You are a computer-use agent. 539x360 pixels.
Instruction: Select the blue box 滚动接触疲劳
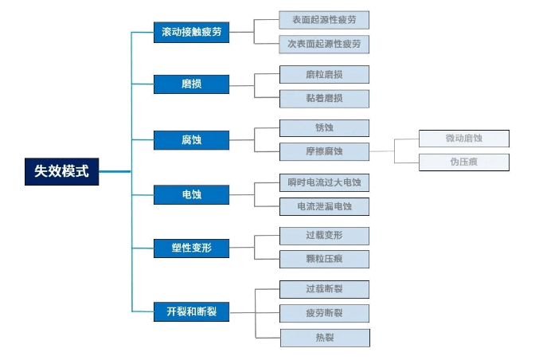pyautogui.click(x=191, y=33)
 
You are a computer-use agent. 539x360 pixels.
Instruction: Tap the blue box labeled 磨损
pyautogui.click(x=191, y=84)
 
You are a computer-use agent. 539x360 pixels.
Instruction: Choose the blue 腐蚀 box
pyautogui.click(x=191, y=140)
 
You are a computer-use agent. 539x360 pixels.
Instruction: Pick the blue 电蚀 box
pyautogui.click(x=191, y=194)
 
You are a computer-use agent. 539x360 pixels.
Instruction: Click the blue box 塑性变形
pyautogui.click(x=191, y=248)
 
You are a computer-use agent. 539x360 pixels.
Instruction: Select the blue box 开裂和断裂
pyautogui.click(x=191, y=311)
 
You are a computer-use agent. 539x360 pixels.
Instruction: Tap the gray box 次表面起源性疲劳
pyautogui.click(x=324, y=44)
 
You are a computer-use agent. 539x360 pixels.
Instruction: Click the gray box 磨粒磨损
pyautogui.click(x=324, y=75)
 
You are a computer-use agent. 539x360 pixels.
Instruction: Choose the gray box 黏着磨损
pyautogui.click(x=324, y=99)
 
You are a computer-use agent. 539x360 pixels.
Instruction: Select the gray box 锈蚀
pyautogui.click(x=324, y=128)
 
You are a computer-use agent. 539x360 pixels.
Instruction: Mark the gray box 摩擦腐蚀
pyautogui.click(x=324, y=151)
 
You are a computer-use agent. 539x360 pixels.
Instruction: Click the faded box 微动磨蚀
pyautogui.click(x=464, y=139)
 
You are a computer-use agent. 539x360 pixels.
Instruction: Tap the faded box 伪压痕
pyautogui.click(x=464, y=162)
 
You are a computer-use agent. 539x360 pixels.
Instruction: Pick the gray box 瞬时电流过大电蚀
pyautogui.click(x=324, y=182)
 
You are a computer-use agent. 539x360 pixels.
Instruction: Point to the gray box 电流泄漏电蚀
pyautogui.click(x=324, y=206)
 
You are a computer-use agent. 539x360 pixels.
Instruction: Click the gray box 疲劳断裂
pyautogui.click(x=324, y=313)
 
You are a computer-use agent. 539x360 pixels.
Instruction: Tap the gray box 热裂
pyautogui.click(x=324, y=338)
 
